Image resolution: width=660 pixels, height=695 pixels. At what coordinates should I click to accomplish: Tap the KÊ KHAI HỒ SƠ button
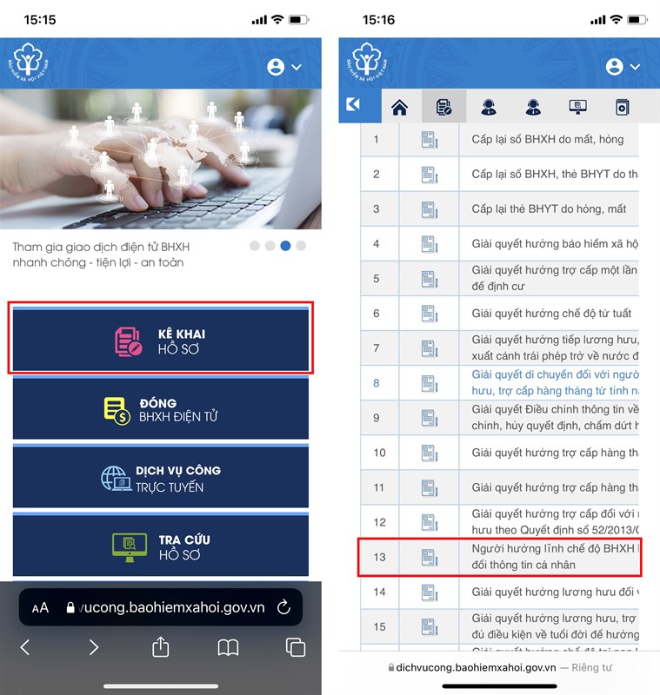pos(161,339)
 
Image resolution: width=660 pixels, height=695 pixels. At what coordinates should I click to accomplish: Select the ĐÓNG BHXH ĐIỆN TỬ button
pos(161,409)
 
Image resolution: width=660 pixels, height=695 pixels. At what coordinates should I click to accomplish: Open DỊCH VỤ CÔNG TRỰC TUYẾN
pos(161,478)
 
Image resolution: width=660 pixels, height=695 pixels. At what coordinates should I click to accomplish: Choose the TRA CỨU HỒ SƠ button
pos(161,546)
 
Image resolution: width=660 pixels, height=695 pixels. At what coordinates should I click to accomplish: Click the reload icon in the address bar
pos(283,607)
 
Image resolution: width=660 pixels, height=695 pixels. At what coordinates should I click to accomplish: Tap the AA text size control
pos(40,608)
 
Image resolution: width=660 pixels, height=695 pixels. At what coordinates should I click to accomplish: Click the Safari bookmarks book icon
pos(228,647)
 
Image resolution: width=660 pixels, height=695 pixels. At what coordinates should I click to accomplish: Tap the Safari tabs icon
pos(296,647)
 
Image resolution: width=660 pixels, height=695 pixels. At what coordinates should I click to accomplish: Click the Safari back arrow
pos(25,647)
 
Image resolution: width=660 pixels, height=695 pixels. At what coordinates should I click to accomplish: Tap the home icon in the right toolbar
pos(400,108)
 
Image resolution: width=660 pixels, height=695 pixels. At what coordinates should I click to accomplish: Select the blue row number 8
pos(377,383)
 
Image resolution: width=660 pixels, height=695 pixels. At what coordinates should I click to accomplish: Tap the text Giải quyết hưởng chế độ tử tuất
pos(551,314)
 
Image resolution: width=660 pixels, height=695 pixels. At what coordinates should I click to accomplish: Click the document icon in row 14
pos(430,592)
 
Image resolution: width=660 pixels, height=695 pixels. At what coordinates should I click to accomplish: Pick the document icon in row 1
pos(430,140)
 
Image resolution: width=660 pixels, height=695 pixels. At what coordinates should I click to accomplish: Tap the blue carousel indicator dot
pos(285,246)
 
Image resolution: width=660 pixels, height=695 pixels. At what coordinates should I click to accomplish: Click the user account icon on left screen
pos(277,67)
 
